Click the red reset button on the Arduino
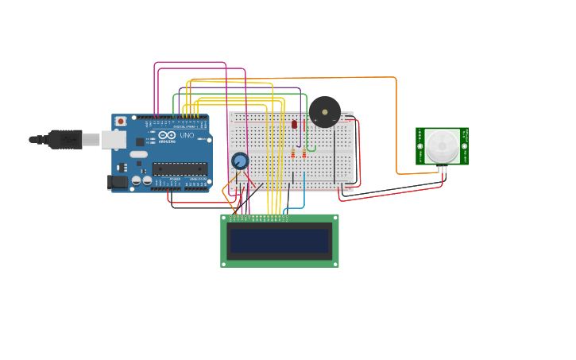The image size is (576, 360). (x=121, y=122)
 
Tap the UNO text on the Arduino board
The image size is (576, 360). (x=187, y=135)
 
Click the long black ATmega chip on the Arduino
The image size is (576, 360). (x=180, y=168)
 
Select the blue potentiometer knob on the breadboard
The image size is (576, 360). (x=240, y=161)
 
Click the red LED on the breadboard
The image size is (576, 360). (x=294, y=124)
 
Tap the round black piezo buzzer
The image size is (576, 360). (x=324, y=112)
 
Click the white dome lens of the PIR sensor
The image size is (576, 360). (x=442, y=146)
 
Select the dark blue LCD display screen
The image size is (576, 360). (x=278, y=241)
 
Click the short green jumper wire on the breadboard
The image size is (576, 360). (x=311, y=147)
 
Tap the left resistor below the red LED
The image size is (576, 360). (x=292, y=153)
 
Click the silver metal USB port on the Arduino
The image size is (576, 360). (x=113, y=140)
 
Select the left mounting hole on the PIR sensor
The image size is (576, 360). (x=420, y=146)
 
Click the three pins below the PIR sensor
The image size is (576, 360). (x=442, y=168)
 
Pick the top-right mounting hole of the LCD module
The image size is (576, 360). (x=334, y=218)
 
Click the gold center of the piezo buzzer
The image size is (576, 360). (x=324, y=112)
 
